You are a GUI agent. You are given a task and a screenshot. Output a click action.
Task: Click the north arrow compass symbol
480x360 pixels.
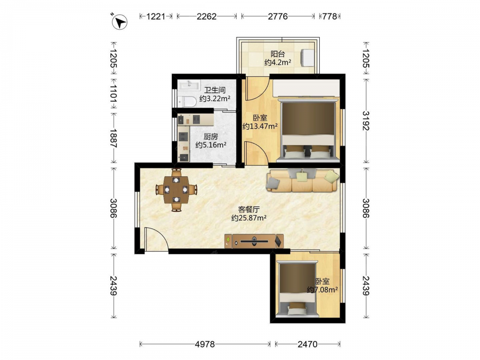[119, 22]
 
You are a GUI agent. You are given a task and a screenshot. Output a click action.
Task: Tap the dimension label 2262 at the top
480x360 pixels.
[206, 16]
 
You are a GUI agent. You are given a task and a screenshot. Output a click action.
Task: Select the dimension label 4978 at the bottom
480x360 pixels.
[205, 344]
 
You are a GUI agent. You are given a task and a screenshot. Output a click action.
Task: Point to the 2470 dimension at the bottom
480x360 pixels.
[308, 344]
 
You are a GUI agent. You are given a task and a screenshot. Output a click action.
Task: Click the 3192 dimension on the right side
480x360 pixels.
[366, 120]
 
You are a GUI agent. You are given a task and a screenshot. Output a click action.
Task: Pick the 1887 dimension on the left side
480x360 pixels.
[114, 138]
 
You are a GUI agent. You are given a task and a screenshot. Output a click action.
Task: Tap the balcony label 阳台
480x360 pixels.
[277, 54]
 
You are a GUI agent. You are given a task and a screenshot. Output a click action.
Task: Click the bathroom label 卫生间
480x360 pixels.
[215, 90]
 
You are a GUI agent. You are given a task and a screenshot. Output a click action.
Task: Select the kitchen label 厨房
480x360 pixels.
[211, 136]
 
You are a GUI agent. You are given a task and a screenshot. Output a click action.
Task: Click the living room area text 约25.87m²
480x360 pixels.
[249, 218]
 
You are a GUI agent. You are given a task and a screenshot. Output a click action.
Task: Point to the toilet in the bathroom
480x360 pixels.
[187, 101]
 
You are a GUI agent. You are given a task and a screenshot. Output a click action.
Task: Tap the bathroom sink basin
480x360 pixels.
[189, 84]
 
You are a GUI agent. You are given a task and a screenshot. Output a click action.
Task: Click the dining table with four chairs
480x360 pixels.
[176, 190]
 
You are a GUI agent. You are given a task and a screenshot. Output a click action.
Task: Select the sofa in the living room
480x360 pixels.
[303, 180]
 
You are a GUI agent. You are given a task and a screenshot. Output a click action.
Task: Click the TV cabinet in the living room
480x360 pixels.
[254, 241]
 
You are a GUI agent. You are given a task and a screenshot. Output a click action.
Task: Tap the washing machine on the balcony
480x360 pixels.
[308, 57]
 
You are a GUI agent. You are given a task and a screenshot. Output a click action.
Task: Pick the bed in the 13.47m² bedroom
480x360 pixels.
[308, 130]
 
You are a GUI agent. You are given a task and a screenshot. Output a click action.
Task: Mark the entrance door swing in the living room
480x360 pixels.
[156, 240]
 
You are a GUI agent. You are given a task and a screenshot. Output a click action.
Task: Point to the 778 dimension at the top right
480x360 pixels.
[329, 16]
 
